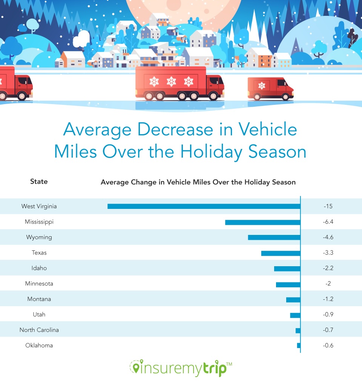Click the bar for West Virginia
(204, 206)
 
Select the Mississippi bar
(262, 222)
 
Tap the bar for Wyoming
(274, 238)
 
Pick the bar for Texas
(281, 253)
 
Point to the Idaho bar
(287, 268)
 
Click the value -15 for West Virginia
(328, 206)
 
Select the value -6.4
(328, 222)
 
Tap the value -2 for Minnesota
(328, 284)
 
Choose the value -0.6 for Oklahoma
(328, 345)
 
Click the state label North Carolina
(39, 330)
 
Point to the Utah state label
(39, 314)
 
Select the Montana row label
(39, 299)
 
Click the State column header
(39, 181)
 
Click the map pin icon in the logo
(135, 367)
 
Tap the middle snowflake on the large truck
(172, 81)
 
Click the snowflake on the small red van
(262, 86)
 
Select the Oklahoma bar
(299, 345)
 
